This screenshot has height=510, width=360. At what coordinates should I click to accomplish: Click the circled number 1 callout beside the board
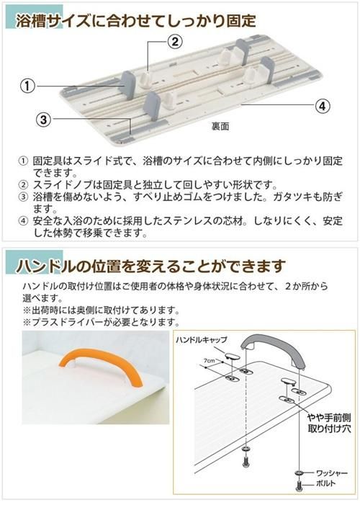click(x=27, y=86)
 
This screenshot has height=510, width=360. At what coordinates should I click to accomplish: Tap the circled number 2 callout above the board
click(x=175, y=42)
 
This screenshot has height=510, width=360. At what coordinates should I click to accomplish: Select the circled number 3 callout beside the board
click(x=44, y=119)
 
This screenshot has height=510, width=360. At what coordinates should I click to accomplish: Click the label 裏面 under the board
click(x=220, y=127)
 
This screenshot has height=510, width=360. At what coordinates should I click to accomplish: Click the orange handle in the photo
click(x=101, y=369)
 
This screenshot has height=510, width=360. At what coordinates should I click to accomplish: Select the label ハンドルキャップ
click(x=202, y=339)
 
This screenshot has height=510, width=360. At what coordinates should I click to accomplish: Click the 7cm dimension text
click(x=210, y=361)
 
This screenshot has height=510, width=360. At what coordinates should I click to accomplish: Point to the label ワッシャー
click(x=332, y=473)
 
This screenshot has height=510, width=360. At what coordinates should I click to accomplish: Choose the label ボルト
click(x=326, y=483)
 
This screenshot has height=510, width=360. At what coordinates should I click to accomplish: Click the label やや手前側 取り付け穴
click(x=329, y=423)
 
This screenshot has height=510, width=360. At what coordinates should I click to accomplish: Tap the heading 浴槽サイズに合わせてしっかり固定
click(x=136, y=21)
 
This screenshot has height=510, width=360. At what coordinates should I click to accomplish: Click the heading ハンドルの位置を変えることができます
click(x=151, y=267)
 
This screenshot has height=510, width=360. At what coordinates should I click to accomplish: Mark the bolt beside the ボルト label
click(x=299, y=486)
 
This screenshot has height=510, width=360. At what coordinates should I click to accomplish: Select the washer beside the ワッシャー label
click(x=300, y=473)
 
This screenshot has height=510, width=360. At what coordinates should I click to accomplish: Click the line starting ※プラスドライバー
click(x=101, y=322)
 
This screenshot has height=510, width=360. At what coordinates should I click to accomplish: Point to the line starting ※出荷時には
click(x=101, y=310)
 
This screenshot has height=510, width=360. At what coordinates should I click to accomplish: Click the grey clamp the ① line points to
click(x=127, y=83)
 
